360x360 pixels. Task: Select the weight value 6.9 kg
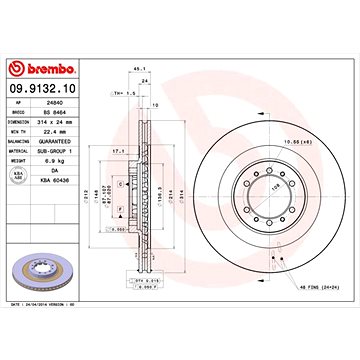57,158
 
